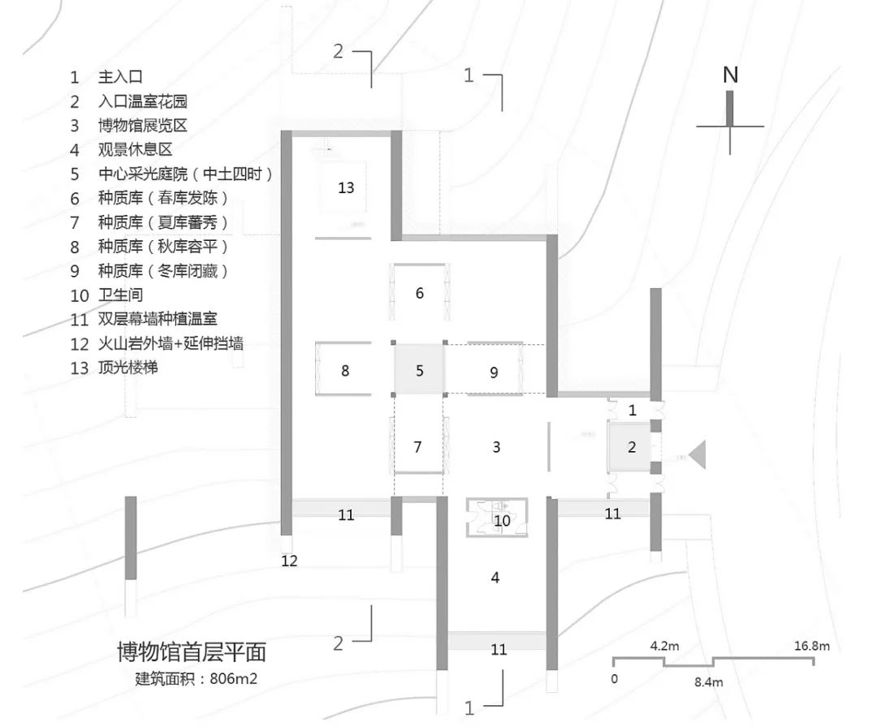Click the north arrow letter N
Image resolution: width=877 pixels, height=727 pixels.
[730, 75]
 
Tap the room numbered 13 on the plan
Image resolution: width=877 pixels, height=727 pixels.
[346, 187]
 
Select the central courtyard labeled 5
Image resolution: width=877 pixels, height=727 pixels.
[419, 371]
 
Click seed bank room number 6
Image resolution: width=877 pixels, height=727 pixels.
[419, 293]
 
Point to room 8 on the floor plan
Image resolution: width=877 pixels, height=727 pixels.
[345, 371]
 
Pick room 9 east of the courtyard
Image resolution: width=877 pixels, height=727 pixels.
[494, 372]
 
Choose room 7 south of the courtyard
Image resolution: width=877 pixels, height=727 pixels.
[418, 446]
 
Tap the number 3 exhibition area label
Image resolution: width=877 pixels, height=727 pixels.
[496, 446]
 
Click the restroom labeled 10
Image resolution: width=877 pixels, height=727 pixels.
[502, 519]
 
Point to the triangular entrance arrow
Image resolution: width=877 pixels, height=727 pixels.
[697, 454]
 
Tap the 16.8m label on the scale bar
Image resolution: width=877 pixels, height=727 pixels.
[811, 647]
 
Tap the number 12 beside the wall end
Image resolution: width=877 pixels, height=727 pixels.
[290, 561]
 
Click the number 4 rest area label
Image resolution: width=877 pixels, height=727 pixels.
[495, 578]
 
